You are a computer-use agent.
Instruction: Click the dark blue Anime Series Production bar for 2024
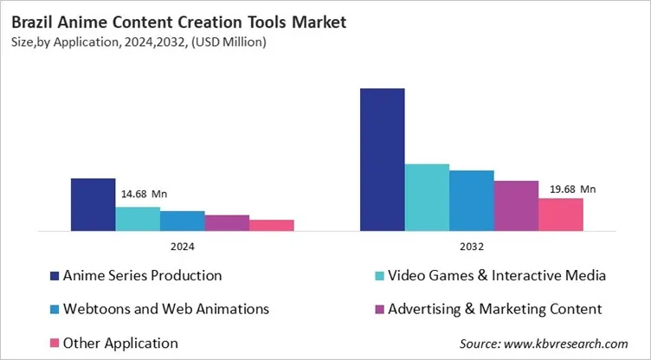[93, 204]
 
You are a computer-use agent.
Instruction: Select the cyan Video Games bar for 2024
[138, 219]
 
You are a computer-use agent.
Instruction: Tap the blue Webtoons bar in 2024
[182, 221]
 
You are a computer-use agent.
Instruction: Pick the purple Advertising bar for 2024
[227, 222]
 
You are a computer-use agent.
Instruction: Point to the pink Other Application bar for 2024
[271, 225]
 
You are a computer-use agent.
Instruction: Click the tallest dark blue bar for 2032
[382, 159]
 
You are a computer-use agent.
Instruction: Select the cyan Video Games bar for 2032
[427, 197]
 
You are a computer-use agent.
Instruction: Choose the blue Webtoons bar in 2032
[471, 201]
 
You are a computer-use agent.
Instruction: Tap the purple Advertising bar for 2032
[516, 206]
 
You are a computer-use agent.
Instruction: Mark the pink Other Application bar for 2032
[560, 215]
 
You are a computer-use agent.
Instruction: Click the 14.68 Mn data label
[142, 196]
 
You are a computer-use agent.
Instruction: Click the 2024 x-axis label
[182, 245]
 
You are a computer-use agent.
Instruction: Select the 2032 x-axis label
[471, 245]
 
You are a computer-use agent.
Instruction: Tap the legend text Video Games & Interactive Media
[496, 275]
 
